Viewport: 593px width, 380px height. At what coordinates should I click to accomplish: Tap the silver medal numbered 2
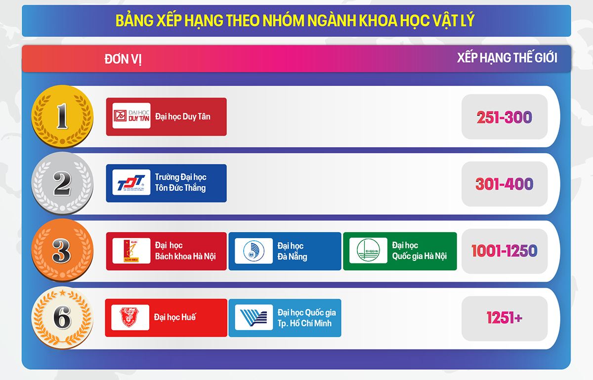pyautogui.click(x=62, y=184)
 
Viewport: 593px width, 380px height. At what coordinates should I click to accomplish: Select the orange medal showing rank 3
pyautogui.click(x=62, y=251)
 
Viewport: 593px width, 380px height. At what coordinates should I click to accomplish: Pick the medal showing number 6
pyautogui.click(x=62, y=318)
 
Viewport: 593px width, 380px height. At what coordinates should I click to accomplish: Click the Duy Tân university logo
pyautogui.click(x=131, y=116)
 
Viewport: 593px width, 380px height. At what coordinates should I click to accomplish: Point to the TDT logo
pyautogui.click(x=131, y=183)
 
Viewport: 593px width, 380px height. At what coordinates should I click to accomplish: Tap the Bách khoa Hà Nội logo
pyautogui.click(x=131, y=251)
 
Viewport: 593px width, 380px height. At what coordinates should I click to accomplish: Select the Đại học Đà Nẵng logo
pyautogui.click(x=254, y=251)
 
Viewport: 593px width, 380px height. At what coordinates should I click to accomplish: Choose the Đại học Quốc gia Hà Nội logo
pyautogui.click(x=368, y=251)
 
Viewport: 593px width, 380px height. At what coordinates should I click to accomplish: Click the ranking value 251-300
pyautogui.click(x=504, y=117)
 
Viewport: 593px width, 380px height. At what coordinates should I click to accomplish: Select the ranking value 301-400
pyautogui.click(x=504, y=184)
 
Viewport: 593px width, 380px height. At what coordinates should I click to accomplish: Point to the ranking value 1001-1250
pyautogui.click(x=504, y=251)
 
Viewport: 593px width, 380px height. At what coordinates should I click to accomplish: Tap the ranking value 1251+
pyautogui.click(x=504, y=318)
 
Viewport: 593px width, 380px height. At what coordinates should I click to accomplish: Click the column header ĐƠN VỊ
pyautogui.click(x=123, y=59)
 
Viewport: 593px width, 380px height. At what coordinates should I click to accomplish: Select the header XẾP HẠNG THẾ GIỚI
pyautogui.click(x=507, y=58)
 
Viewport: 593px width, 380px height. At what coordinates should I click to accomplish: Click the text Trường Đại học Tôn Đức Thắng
pyautogui.click(x=180, y=182)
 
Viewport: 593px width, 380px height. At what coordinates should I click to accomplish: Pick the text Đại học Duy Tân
pyautogui.click(x=182, y=117)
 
